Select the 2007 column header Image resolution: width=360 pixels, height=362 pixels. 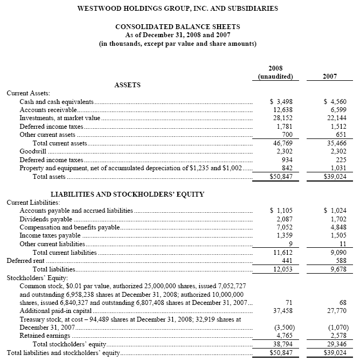(330, 76)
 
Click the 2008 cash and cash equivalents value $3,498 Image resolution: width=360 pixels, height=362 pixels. (280, 101)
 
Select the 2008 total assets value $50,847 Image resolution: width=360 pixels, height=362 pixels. (281, 177)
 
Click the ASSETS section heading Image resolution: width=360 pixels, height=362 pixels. (128, 85)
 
